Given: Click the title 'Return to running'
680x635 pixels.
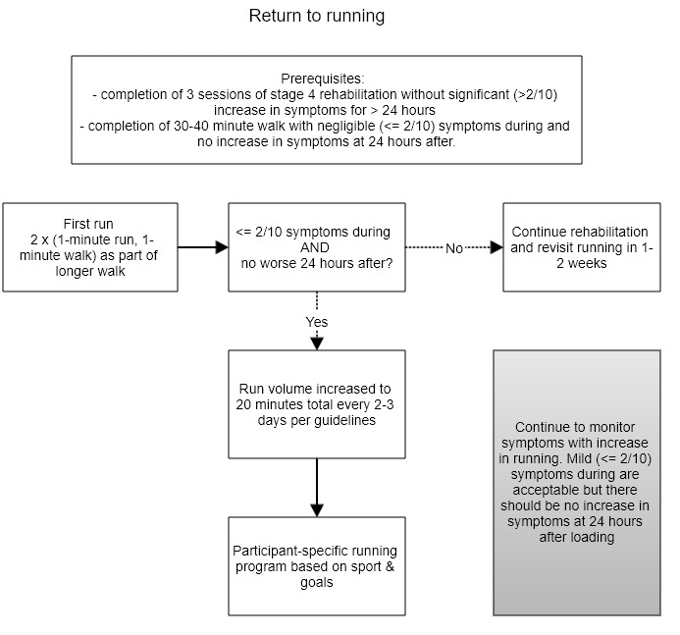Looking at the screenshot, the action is (317, 16).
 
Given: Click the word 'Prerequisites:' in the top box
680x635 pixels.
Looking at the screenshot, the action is (323, 79).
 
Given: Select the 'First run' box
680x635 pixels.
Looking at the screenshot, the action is (90, 247).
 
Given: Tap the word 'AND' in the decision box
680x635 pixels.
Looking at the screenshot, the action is (315, 247).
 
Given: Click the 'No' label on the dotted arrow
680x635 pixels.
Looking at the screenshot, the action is (454, 248).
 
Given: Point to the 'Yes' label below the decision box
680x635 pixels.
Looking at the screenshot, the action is (317, 322).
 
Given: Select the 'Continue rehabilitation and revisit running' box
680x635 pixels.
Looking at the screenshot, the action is (582, 247).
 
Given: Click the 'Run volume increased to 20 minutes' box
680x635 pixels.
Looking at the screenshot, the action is (317, 404).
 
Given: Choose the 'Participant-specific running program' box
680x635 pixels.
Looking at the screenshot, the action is (317, 566).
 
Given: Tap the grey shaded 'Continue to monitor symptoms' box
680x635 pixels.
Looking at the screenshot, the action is (577, 483).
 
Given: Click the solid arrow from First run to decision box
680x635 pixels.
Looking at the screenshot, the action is (203, 247).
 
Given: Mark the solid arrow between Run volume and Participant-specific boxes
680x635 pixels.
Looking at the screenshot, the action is (317, 488).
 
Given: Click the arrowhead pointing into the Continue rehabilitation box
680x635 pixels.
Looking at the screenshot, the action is (497, 247).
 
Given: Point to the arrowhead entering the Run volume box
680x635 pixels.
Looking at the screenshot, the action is (317, 344).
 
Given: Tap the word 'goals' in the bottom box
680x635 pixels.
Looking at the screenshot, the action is (317, 583).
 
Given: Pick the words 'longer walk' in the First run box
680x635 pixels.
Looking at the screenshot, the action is (90, 271).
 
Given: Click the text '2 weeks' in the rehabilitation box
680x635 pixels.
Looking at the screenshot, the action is (582, 263).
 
